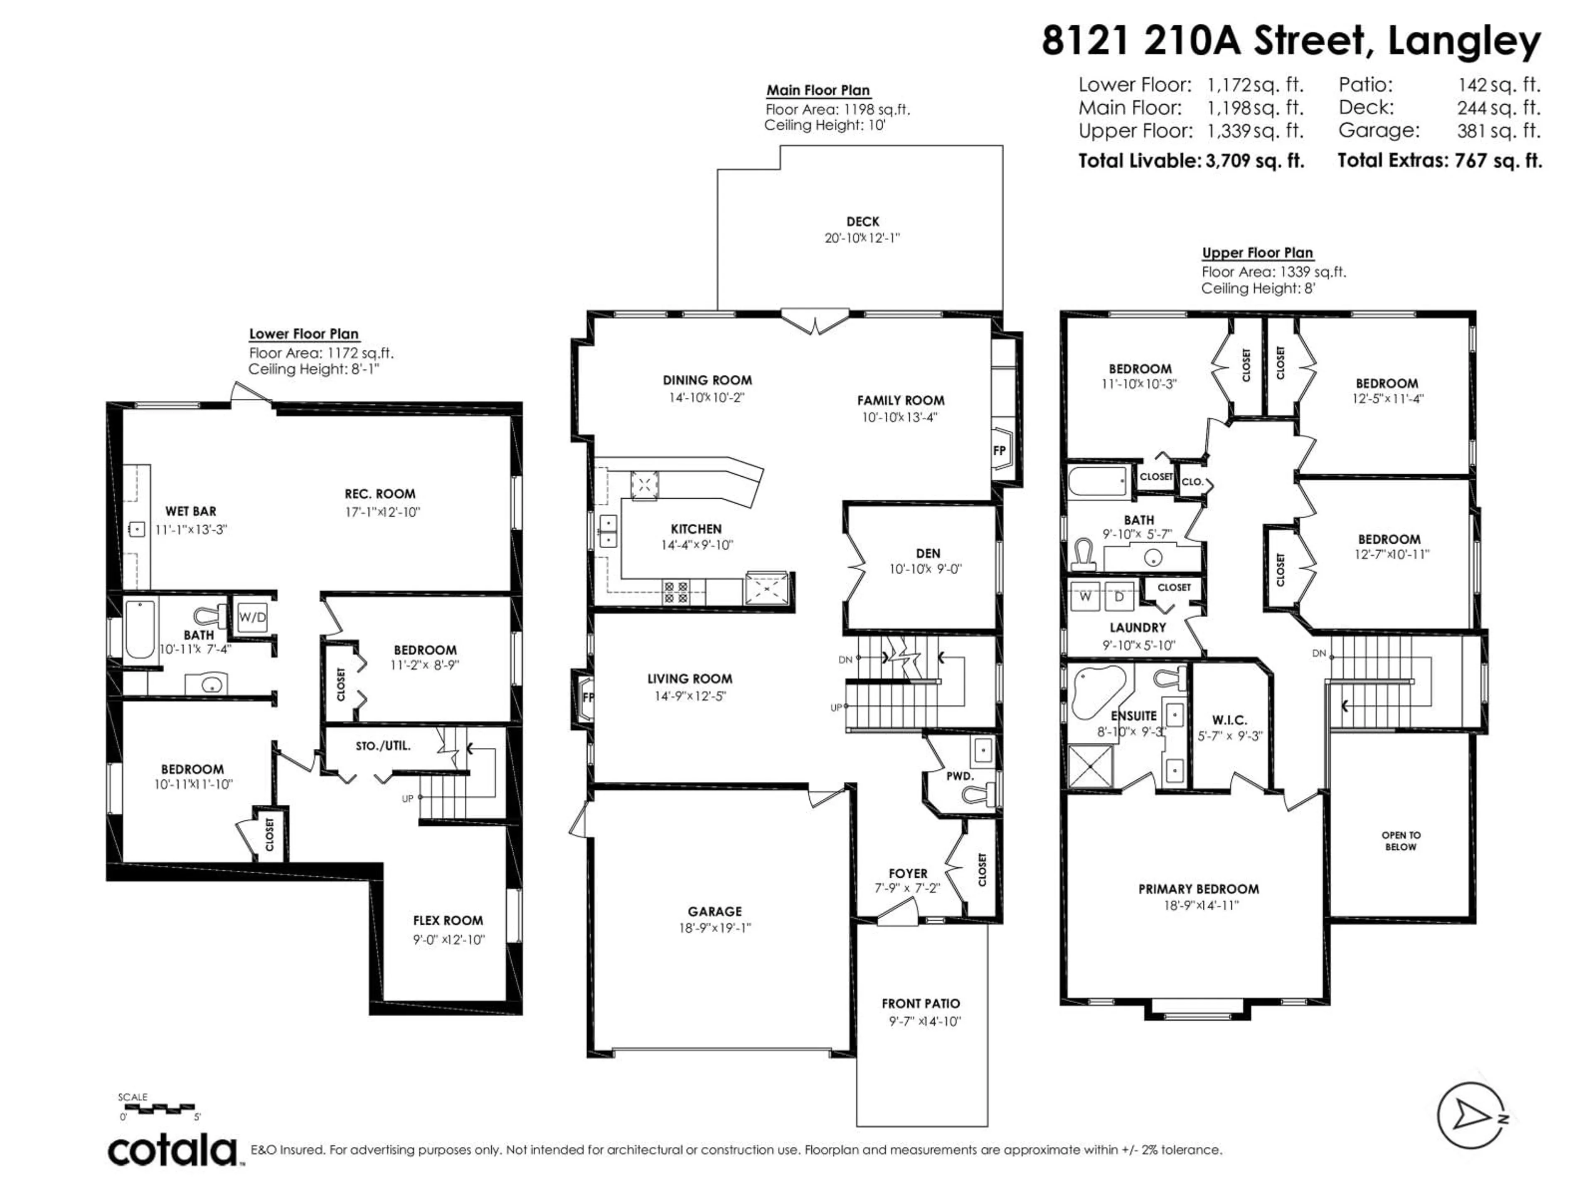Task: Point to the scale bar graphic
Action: pos(157,1106)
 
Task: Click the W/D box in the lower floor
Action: pos(252,617)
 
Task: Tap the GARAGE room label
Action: pos(714,911)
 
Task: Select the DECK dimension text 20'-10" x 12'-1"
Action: pos(862,238)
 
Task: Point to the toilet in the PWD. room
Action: pos(979,795)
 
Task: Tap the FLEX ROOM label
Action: pos(447,921)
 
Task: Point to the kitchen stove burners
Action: pos(677,592)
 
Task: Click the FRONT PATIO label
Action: pos(921,1003)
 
